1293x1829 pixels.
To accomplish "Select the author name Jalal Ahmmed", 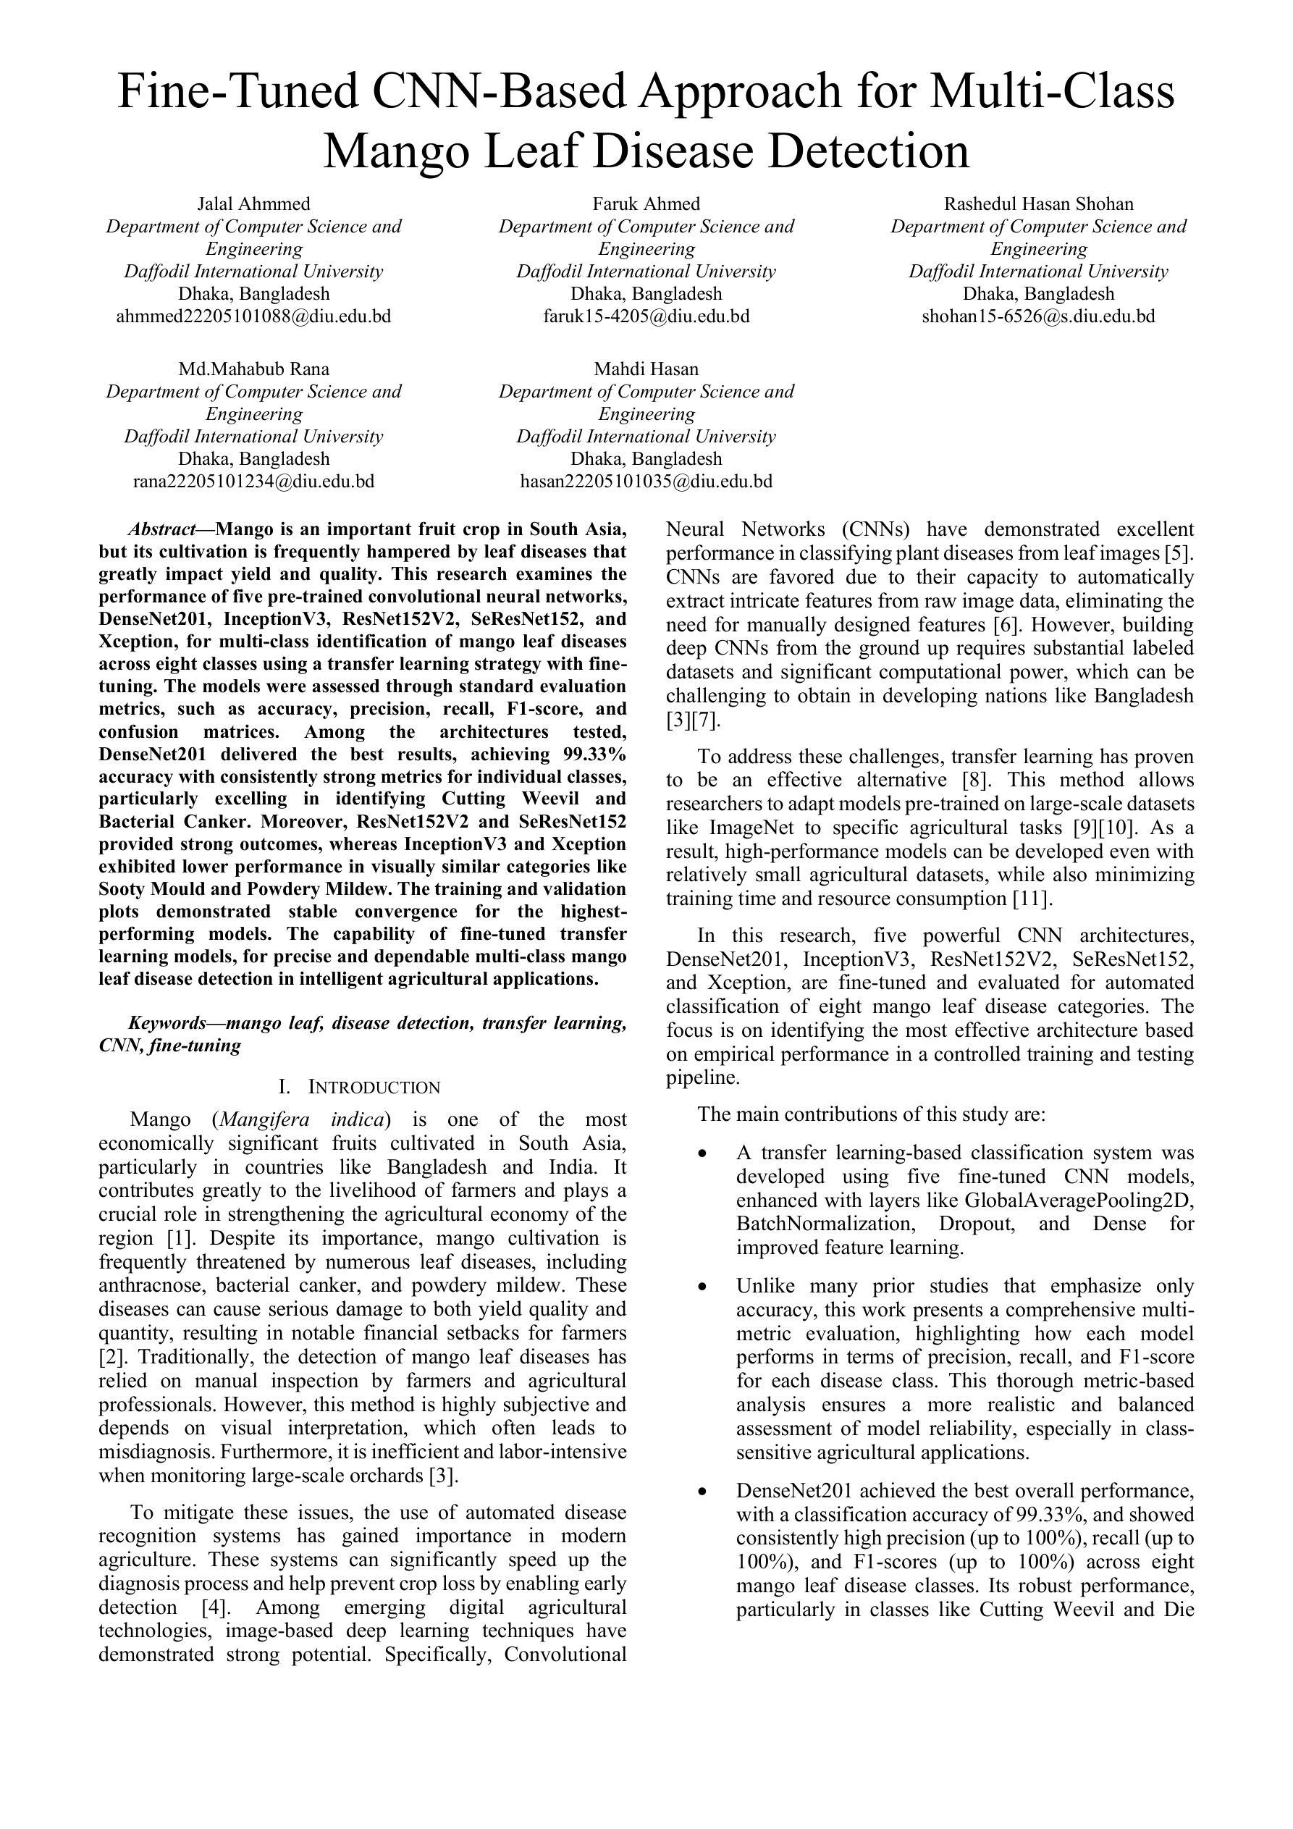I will [253, 204].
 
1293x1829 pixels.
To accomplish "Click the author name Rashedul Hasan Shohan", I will [1038, 204].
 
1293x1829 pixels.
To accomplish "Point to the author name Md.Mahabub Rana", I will [253, 369].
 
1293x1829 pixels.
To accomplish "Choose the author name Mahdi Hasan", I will [646, 369].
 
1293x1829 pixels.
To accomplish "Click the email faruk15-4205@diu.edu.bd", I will [646, 316].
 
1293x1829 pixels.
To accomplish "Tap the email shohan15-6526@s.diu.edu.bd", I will [1038, 316].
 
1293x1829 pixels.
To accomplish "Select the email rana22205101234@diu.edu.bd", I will [253, 482].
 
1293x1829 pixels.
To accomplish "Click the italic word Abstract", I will [161, 530].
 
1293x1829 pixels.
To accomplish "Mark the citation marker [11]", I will [1032, 899].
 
